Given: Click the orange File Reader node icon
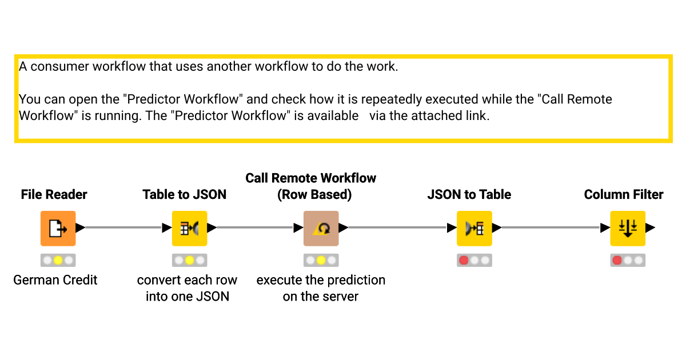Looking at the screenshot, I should tap(58, 228).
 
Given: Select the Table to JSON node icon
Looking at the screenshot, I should tap(189, 228).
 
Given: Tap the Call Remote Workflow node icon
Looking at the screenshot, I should tap(321, 228).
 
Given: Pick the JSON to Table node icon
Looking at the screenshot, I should tap(474, 228).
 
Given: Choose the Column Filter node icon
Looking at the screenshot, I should tap(627, 228).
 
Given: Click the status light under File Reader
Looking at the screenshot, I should tap(58, 261).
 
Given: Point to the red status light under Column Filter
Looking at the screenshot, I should tap(617, 261).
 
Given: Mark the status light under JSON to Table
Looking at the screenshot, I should tap(464, 261).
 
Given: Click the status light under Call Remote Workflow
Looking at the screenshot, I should tap(321, 261).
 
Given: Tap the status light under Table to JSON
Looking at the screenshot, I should tap(189, 261).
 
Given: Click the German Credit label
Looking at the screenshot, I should tap(55, 280).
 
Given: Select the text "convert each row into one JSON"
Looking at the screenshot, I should tap(187, 288).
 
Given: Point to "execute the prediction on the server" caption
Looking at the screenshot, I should tap(321, 288).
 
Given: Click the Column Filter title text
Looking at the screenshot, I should tap(623, 195).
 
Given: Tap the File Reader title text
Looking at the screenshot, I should tap(54, 195).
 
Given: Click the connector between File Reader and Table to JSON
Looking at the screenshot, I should tap(123, 228).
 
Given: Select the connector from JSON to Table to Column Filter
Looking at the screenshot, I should tap(550, 228).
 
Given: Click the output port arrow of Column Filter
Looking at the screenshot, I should tap(651, 228).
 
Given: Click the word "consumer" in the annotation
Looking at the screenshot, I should tap(60, 66).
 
